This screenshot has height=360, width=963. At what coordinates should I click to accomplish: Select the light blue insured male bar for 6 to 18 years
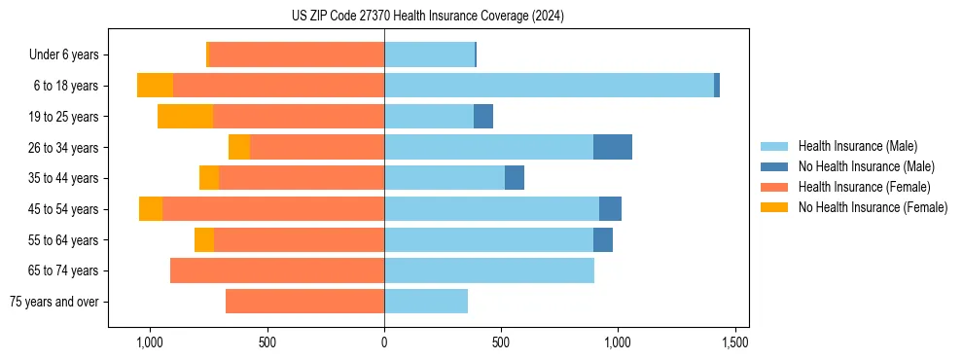tap(549, 86)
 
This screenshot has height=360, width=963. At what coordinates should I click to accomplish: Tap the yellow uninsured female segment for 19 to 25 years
tap(185, 117)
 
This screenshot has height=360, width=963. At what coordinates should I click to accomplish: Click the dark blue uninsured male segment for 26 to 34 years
tap(613, 147)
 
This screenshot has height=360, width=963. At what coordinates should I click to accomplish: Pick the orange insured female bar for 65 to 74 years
tap(277, 270)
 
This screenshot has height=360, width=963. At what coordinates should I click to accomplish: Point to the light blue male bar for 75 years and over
tap(426, 302)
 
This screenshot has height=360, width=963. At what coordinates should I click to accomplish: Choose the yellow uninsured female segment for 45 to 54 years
tap(151, 209)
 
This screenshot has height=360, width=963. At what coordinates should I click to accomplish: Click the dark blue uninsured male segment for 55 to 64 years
tap(603, 239)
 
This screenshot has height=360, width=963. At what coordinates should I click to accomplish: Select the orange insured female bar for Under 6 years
tap(297, 54)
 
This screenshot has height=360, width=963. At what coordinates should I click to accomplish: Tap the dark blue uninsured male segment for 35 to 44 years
tap(515, 178)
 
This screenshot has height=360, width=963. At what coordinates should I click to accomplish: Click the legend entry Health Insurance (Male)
tap(857, 146)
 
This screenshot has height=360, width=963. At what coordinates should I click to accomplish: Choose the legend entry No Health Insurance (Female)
tap(872, 207)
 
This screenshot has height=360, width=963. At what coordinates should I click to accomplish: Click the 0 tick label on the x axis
tap(384, 342)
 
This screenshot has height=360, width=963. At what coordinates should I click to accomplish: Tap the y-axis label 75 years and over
tap(53, 302)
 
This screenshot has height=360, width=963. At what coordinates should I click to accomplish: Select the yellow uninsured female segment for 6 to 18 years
tap(155, 86)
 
